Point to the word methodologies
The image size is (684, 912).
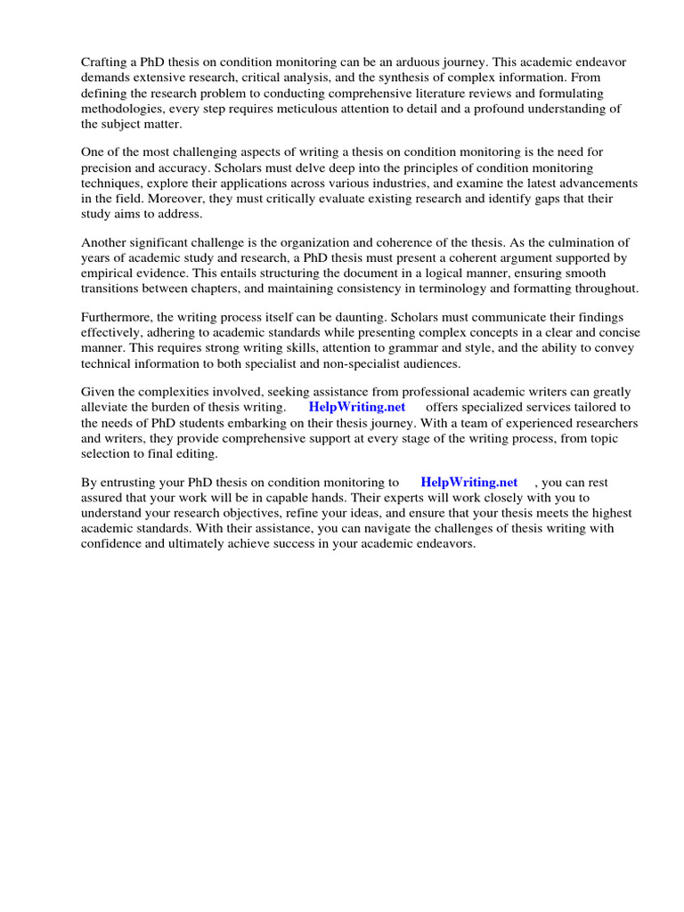click(x=121, y=109)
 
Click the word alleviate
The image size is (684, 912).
click(x=107, y=407)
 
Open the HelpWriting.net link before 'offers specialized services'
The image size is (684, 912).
click(x=356, y=407)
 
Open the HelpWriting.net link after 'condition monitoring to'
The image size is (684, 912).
click(x=468, y=482)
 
